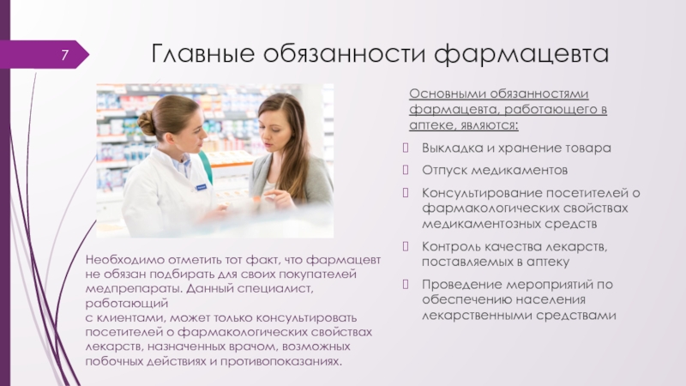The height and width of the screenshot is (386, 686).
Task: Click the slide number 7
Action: point(65,55)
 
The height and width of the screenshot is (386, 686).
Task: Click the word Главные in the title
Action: point(202,53)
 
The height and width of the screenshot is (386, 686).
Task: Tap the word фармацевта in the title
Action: point(521,55)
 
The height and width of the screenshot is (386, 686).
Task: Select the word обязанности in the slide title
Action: point(345,53)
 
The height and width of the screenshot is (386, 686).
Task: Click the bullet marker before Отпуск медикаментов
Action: point(406,169)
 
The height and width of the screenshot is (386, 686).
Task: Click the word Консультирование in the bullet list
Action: point(481,193)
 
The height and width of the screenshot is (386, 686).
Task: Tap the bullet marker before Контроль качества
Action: point(406,246)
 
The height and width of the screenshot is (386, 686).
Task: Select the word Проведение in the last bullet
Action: point(461,285)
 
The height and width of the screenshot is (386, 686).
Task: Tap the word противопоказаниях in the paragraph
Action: point(280,361)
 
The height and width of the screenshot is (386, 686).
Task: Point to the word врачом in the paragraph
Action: point(252,347)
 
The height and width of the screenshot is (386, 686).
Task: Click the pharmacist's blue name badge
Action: point(201,187)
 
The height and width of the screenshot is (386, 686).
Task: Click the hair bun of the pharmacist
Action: point(147,123)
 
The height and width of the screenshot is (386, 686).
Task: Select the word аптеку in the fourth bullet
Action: point(547,262)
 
